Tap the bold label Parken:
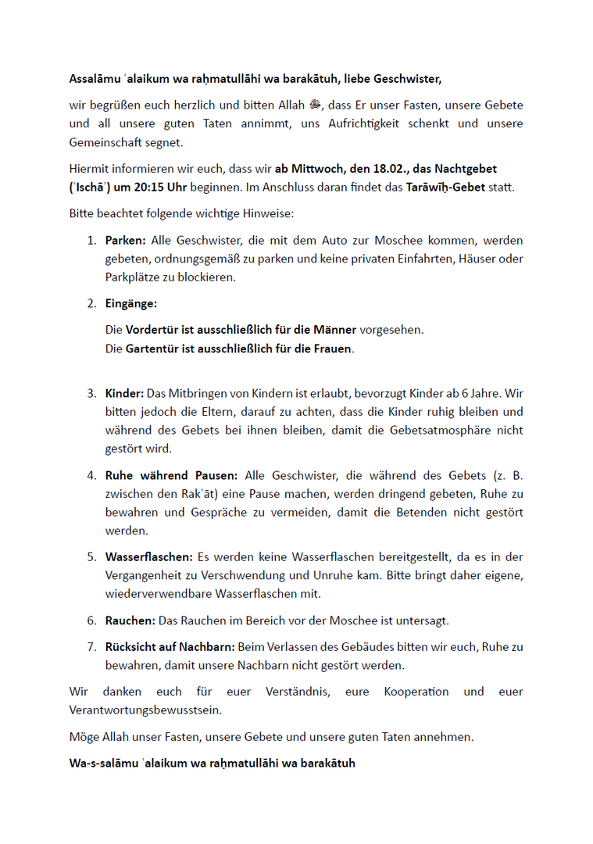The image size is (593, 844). tap(126, 240)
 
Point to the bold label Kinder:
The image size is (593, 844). tap(124, 393)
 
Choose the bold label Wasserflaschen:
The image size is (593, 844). tap(149, 557)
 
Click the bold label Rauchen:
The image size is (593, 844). tap(130, 620)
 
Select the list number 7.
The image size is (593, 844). tap(91, 647)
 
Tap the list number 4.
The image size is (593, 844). tap(91, 475)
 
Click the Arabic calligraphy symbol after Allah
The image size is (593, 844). tap(316, 105)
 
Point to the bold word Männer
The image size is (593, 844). tap(334, 330)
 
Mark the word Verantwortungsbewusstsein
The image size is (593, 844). tap(144, 710)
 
